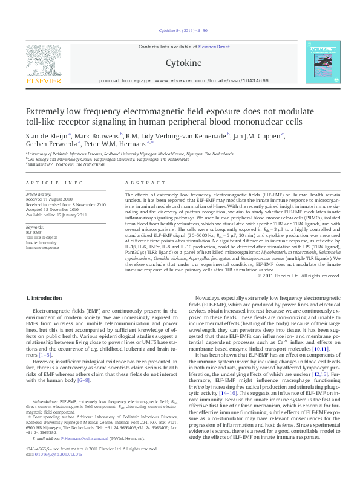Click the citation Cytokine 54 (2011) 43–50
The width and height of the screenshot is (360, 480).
click(180, 30)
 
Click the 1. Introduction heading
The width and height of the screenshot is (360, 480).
click(46, 299)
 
